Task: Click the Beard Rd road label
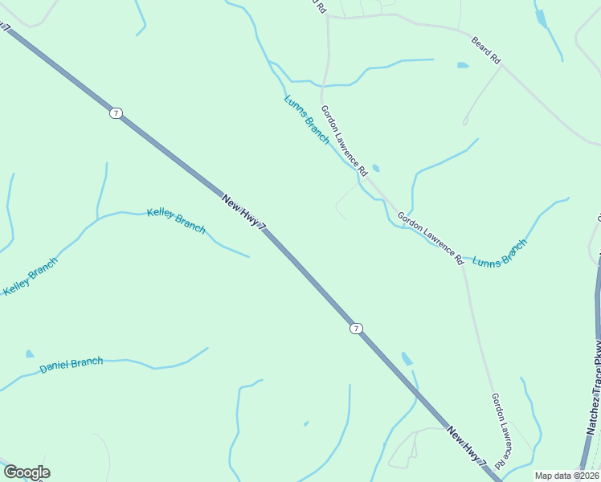[485, 50]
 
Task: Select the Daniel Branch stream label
[72, 365]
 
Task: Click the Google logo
[27, 472]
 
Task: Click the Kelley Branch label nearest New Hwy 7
[176, 221]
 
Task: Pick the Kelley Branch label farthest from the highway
[31, 277]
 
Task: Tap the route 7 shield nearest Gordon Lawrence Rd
[356, 328]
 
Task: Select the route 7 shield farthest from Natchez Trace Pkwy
[117, 113]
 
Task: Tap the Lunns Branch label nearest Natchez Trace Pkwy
[500, 254]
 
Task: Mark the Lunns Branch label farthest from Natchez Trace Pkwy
[306, 120]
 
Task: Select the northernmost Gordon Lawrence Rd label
[344, 141]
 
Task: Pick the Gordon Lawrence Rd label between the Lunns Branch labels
[431, 239]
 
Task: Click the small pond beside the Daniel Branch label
[30, 353]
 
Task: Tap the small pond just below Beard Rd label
[462, 64]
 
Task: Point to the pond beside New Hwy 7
[407, 359]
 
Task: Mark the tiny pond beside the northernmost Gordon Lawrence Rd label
[376, 169]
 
